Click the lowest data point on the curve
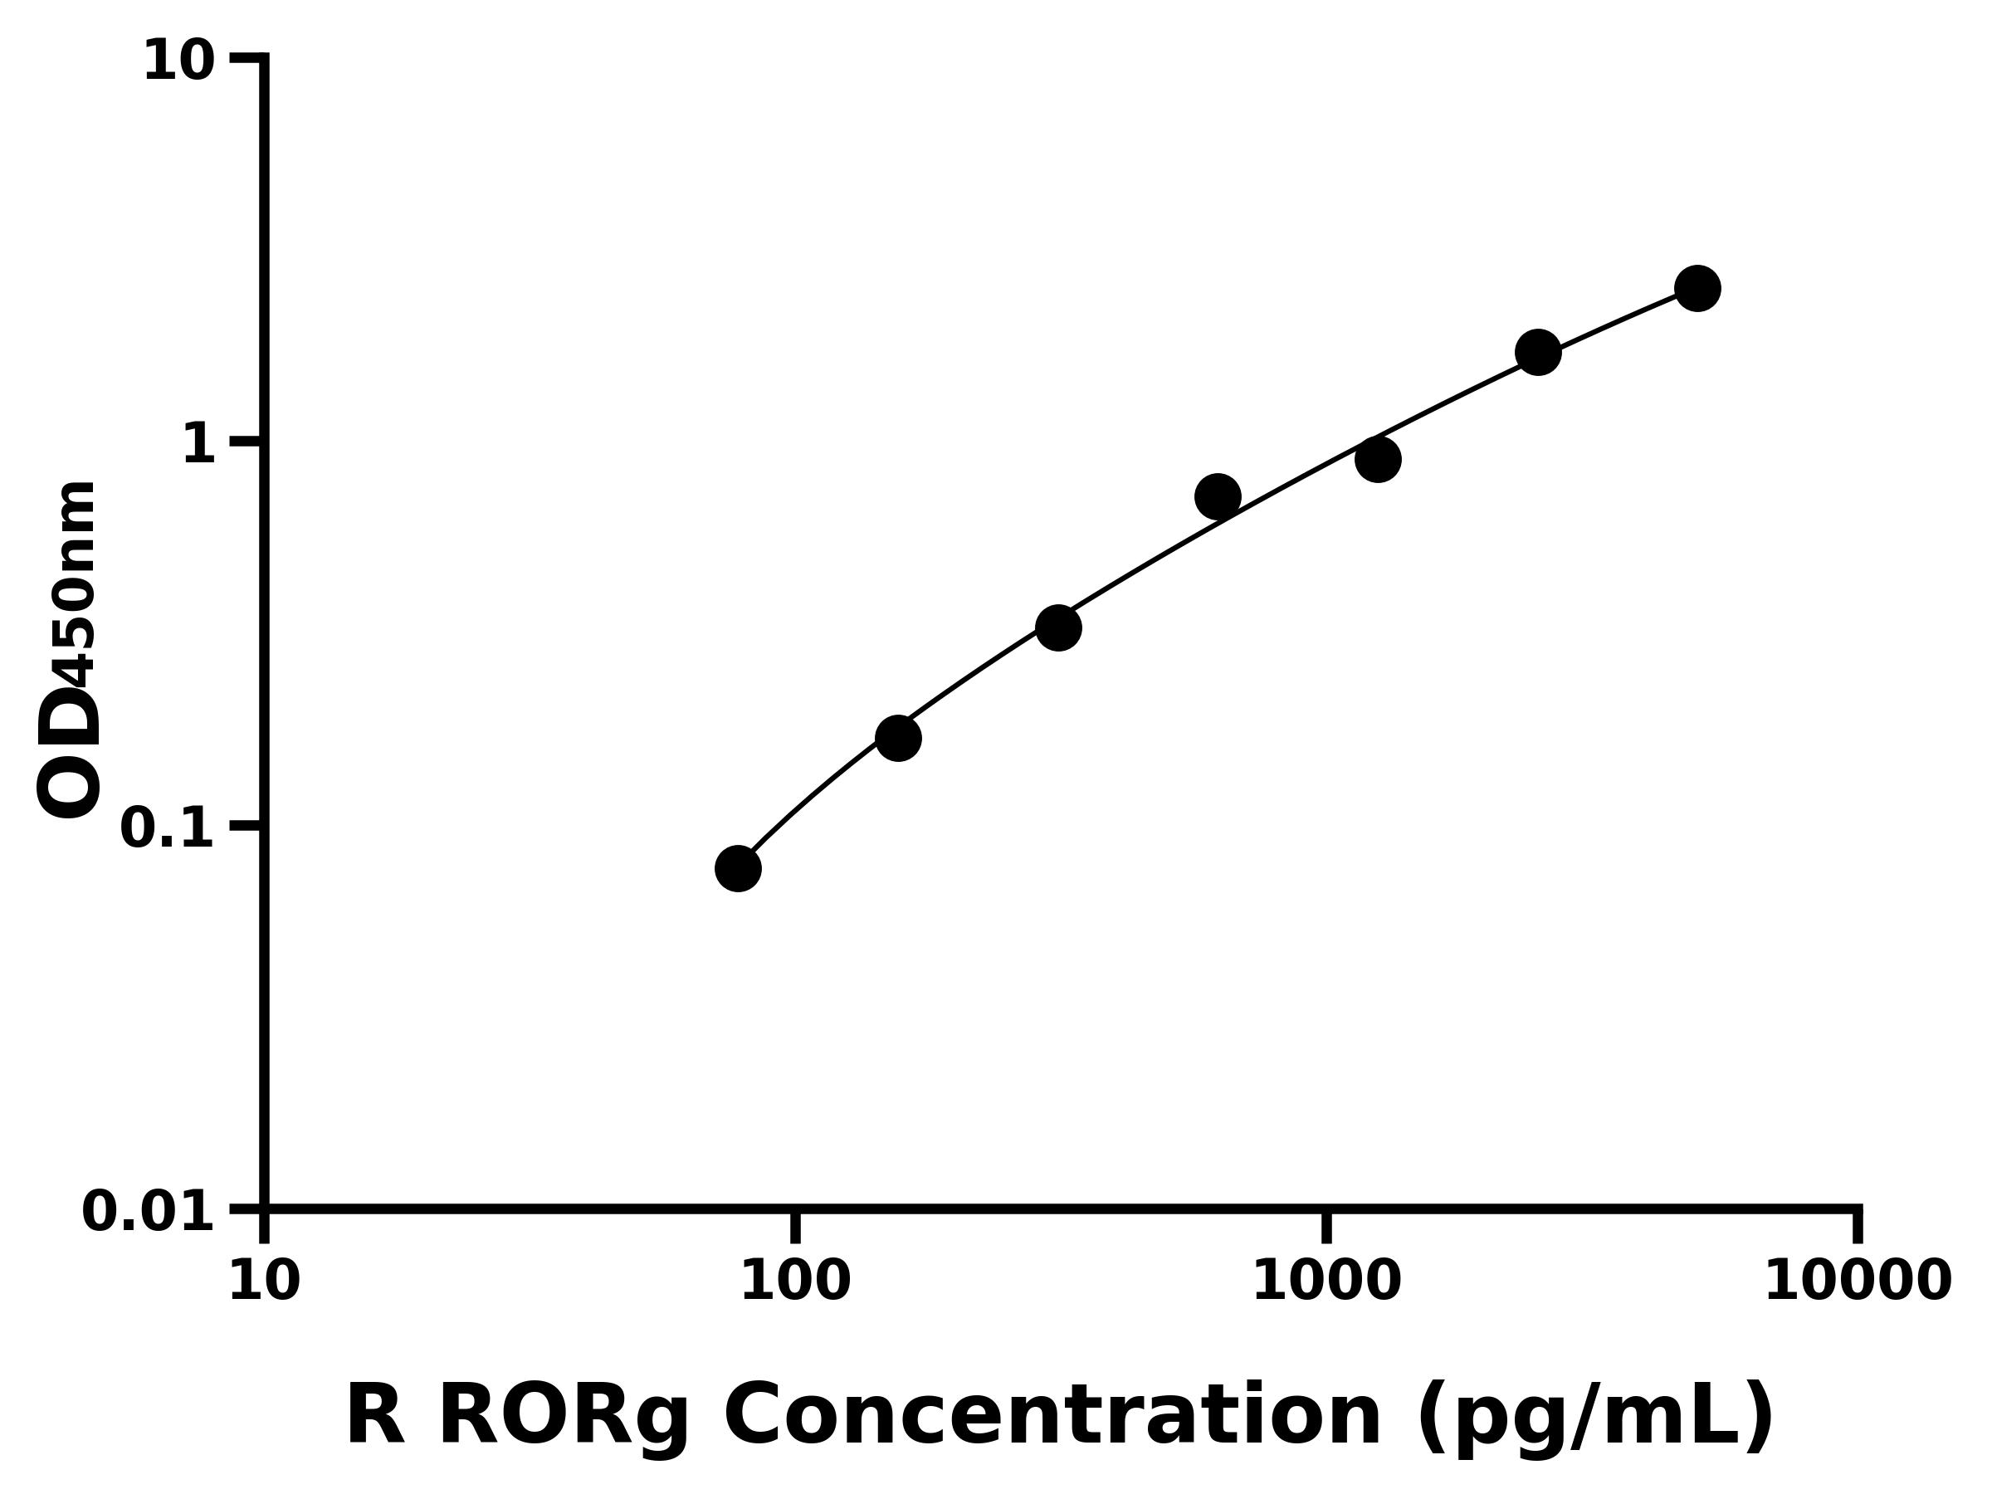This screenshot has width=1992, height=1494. coord(738,868)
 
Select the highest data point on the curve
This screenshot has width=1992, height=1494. coord(1697,288)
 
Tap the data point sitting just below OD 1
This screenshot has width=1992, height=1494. coord(1378,460)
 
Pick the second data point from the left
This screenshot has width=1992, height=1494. coord(898,739)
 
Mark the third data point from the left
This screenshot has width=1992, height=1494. coord(1058,627)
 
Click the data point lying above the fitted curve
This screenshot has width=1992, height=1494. coord(1218,496)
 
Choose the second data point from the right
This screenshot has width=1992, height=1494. coord(1538,352)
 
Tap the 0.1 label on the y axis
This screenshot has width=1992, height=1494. coord(168,828)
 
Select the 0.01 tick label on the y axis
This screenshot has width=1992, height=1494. coord(149,1212)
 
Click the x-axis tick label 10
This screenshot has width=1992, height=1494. coord(264,1282)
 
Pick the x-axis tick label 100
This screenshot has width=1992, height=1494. coord(794,1282)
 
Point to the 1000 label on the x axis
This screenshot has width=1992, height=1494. coord(1326,1282)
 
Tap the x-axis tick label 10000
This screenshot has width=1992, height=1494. coord(1857,1282)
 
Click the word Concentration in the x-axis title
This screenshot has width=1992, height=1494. coord(1052,1417)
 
